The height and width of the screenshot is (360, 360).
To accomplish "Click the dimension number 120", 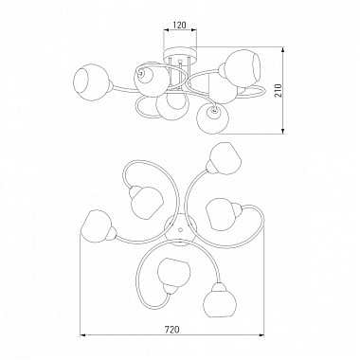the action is click(x=180, y=25).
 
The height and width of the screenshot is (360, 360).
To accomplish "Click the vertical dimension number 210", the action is click(x=278, y=91).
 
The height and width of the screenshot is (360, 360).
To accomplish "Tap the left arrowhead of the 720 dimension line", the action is click(x=82, y=334).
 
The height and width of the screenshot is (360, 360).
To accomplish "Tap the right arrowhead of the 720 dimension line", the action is click(x=261, y=334).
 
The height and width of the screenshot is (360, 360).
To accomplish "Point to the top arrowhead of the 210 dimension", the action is click(x=283, y=50).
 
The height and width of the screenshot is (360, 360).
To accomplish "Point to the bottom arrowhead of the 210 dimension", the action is click(x=283, y=131).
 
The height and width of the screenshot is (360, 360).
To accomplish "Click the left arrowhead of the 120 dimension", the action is click(x=166, y=30).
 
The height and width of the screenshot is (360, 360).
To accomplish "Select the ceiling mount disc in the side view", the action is click(x=180, y=53).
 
